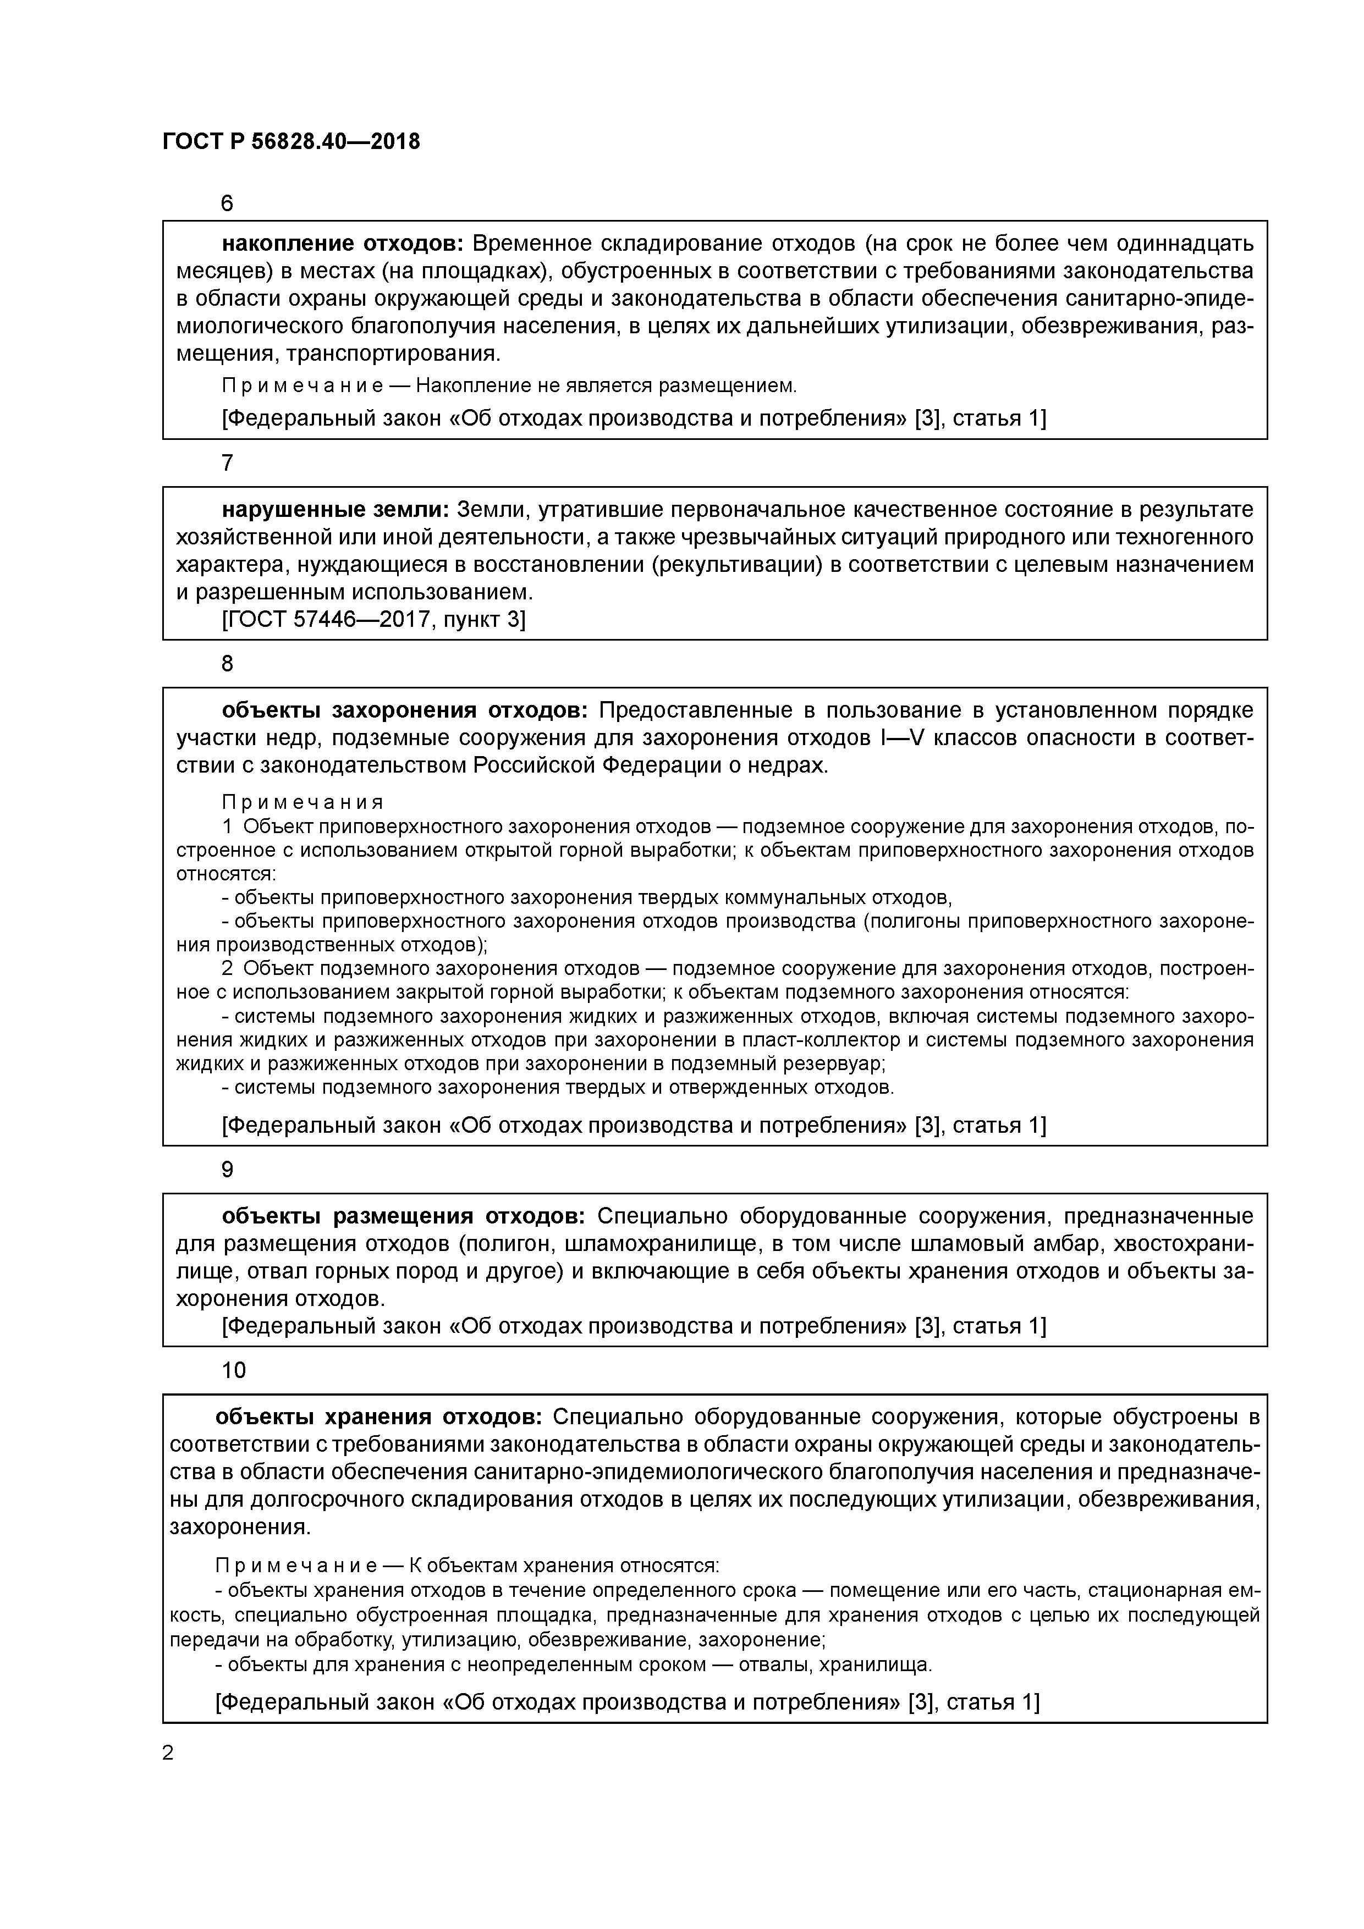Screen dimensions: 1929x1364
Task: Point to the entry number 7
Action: [x=227, y=463]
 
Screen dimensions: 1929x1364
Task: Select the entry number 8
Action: [x=227, y=664]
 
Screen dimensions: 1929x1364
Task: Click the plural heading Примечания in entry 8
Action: [x=302, y=802]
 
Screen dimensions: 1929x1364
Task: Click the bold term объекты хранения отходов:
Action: [x=379, y=1418]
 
